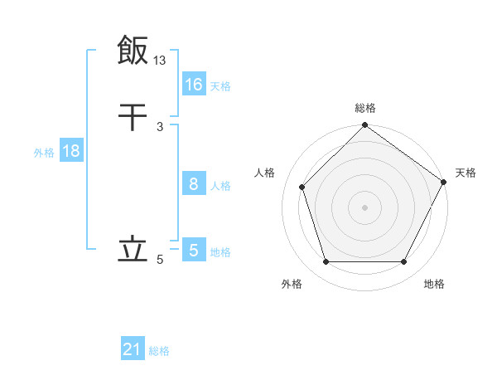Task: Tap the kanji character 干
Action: click(x=133, y=116)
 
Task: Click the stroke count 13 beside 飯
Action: click(x=160, y=60)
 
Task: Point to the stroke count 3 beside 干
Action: click(x=160, y=126)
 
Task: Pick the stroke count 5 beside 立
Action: click(x=160, y=260)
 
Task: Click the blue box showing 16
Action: click(x=193, y=85)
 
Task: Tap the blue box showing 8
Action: click(x=193, y=184)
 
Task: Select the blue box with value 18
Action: click(x=70, y=151)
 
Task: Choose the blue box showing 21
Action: click(x=133, y=350)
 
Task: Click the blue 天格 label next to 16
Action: click(x=220, y=85)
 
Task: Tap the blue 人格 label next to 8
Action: click(x=220, y=185)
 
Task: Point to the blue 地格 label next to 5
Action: click(x=220, y=251)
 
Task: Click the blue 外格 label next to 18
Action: click(x=44, y=152)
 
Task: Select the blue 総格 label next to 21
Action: click(x=159, y=351)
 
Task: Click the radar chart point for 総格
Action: click(x=364, y=126)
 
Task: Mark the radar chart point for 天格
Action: click(x=443, y=182)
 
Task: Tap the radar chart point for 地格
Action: click(x=404, y=262)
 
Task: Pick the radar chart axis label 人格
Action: click(x=265, y=173)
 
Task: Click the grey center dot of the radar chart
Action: click(x=364, y=207)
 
